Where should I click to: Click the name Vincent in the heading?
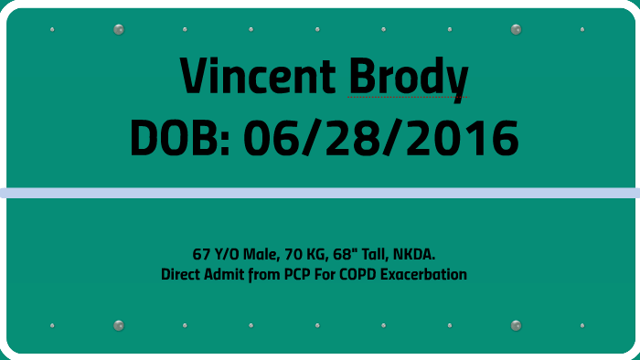tap(257, 77)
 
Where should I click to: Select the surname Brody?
tap(408, 77)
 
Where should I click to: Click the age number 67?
tap(201, 253)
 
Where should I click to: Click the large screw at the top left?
tap(118, 29)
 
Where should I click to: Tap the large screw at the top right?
tap(516, 29)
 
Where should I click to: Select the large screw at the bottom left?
tap(118, 325)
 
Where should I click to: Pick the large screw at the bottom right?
tap(516, 325)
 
